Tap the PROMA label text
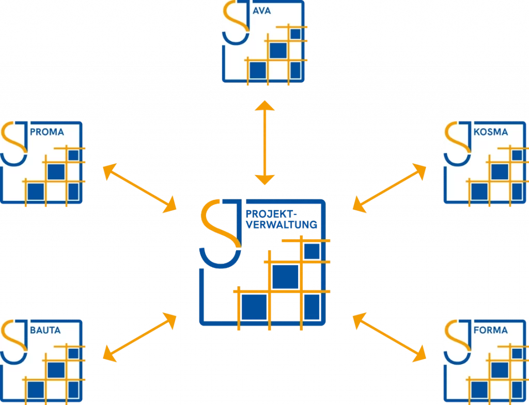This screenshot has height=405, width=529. point(47,132)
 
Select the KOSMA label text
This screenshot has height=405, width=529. point(490,132)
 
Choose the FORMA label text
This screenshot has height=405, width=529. point(490,330)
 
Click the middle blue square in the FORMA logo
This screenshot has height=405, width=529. point(499,369)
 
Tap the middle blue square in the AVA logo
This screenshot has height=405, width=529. point(278,50)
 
